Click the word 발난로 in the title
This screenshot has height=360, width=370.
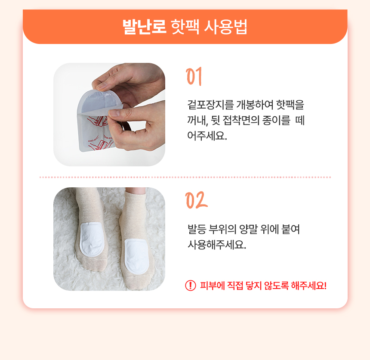[x=145, y=27]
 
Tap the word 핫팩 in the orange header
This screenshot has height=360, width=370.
[x=185, y=27]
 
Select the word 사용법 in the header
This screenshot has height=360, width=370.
[x=225, y=27]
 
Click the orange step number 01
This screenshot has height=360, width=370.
[x=194, y=76]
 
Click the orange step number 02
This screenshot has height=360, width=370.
[x=196, y=200]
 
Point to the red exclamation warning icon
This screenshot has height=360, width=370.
[x=191, y=286]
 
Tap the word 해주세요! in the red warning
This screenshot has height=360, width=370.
[x=308, y=286]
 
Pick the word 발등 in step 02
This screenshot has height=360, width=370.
[x=197, y=229]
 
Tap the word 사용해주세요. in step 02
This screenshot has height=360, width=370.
[x=217, y=245]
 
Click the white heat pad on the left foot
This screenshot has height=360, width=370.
[x=92, y=239]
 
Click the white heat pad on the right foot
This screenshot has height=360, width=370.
[x=136, y=256]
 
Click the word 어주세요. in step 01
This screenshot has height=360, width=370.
[x=207, y=136]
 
